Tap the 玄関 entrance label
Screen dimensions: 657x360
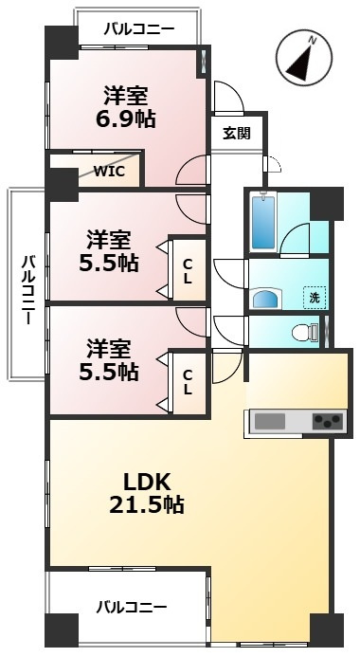pyautogui.click(x=237, y=133)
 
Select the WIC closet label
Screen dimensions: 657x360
pyautogui.click(x=108, y=172)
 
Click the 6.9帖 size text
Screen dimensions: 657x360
pyautogui.click(x=125, y=119)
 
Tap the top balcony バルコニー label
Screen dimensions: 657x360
pyautogui.click(x=138, y=29)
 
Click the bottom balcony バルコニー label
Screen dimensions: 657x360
pyautogui.click(x=132, y=606)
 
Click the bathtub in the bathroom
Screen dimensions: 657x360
pyautogui.click(x=262, y=220)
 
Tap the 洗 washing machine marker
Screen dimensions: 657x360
pyautogui.click(x=314, y=297)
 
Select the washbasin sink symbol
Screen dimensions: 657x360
pyautogui.click(x=268, y=300)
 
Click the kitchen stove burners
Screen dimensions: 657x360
pyautogui.click(x=327, y=419)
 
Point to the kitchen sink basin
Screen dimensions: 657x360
pyautogui.click(x=270, y=419)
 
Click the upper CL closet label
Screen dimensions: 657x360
pyautogui.click(x=188, y=270)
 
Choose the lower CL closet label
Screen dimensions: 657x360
pyautogui.click(x=188, y=381)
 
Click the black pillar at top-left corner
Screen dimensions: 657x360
pyautogui.click(x=61, y=42)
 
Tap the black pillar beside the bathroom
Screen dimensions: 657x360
pyautogui.click(x=327, y=203)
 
